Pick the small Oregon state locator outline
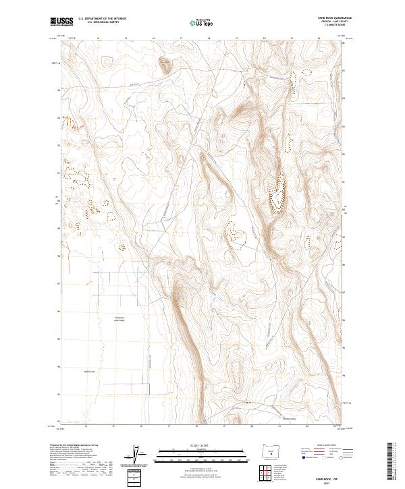(271, 450)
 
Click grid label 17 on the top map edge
(182, 39)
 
